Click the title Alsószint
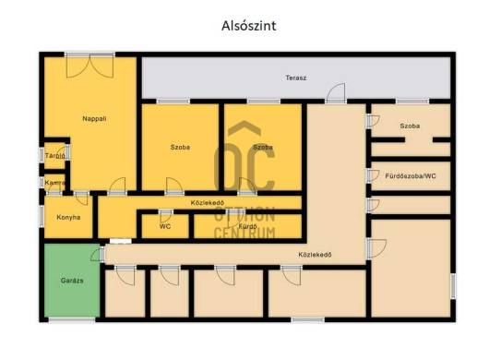coord(248,26)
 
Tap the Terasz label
coord(296,78)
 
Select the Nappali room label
coord(94,118)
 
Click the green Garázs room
coord(72,281)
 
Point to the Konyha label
coord(68,217)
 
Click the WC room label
coord(165,226)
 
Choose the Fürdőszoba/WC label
coord(411,176)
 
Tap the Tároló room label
coord(54,156)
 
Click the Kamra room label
coord(54,183)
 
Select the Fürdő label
coord(247,226)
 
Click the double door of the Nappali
coord(89,66)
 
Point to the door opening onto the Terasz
coord(336,92)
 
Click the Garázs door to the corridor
coord(98,254)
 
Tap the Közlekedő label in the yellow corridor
coord(208,203)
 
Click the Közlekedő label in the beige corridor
coord(315,255)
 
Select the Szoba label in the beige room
coord(410,126)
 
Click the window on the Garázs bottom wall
coord(72,319)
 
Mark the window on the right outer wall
coord(453,286)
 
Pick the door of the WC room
coord(165,216)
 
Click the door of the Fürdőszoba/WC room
coord(373,176)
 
